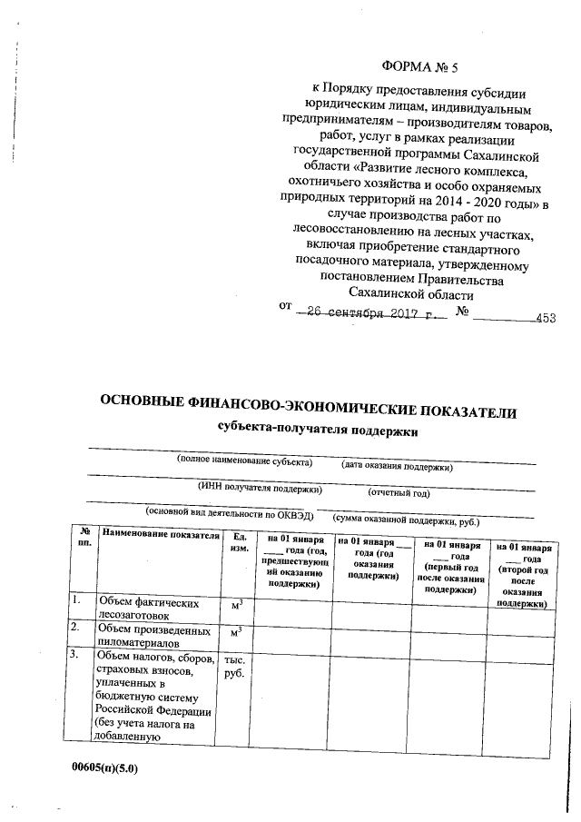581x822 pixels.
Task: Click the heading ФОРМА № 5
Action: point(424,66)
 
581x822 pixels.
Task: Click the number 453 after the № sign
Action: point(545,318)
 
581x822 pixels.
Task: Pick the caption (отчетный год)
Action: point(398,494)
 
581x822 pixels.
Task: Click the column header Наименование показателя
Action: point(161,535)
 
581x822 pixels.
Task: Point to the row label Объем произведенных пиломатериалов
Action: point(153,633)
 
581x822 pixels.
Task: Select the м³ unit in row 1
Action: point(236,604)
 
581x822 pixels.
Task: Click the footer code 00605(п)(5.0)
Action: point(106,768)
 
